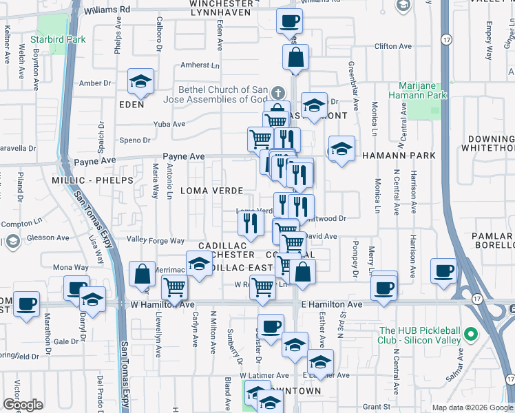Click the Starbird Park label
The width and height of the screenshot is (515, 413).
coord(61,39)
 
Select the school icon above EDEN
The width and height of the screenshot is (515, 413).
coord(140,83)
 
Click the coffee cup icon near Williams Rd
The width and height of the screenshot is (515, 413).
coord(290,21)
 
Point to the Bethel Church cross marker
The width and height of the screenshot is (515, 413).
coord(277,92)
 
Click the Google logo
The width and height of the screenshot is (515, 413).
coord(23,405)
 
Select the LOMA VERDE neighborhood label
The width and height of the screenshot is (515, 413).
coord(211,190)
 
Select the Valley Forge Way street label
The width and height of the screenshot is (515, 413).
coord(156,241)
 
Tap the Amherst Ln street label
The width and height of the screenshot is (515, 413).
coord(200,65)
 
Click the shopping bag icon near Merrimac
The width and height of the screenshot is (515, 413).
coord(142,275)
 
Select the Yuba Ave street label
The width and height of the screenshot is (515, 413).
coord(169,125)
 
